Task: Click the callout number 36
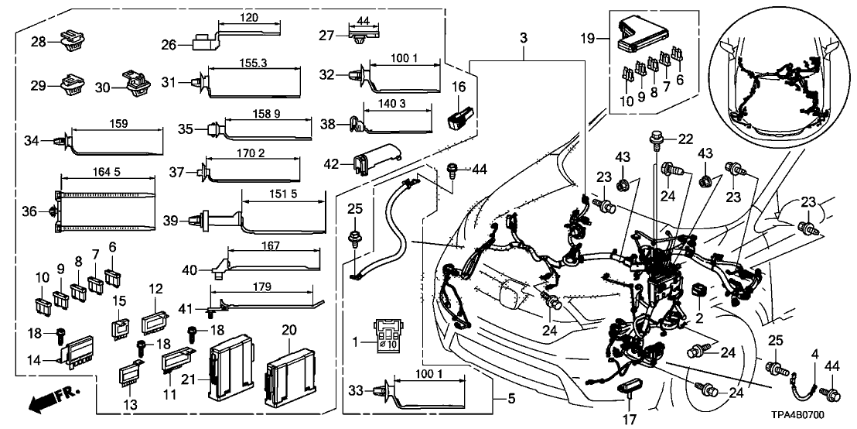point(30,211)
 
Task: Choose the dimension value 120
point(248,17)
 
